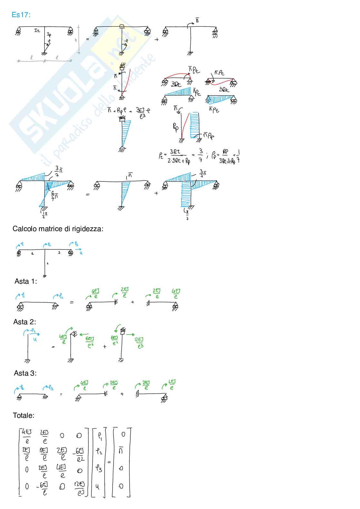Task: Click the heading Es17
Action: (21, 15)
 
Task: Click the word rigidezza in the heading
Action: (89, 229)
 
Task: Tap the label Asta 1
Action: (25, 281)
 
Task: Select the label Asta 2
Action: (25, 322)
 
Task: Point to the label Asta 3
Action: (25, 373)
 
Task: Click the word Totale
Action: (24, 416)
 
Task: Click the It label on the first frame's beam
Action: (37, 30)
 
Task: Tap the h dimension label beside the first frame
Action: (76, 40)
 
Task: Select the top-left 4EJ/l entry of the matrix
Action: (27, 436)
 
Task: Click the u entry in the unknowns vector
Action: (98, 486)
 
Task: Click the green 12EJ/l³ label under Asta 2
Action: (139, 343)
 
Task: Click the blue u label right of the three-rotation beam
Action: (81, 253)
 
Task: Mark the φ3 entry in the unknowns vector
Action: (99, 468)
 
